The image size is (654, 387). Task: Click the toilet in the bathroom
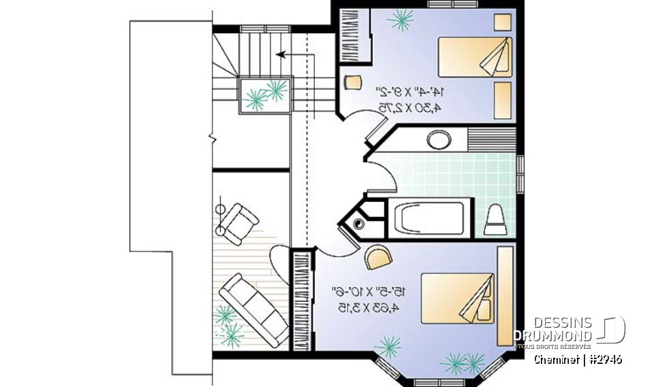(495, 217)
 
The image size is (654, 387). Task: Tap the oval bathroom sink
(439, 141)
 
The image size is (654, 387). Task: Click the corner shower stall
(362, 220)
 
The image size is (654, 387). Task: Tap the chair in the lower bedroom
(378, 256)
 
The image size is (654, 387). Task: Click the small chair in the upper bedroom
(352, 82)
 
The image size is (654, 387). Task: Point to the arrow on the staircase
(290, 52)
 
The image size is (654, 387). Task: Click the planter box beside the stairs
(265, 95)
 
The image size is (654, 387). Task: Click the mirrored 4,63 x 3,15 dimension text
(372, 307)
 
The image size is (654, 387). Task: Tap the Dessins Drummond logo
(570, 330)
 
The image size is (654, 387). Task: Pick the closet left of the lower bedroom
(300, 299)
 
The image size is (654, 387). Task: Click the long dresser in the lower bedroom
(505, 296)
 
